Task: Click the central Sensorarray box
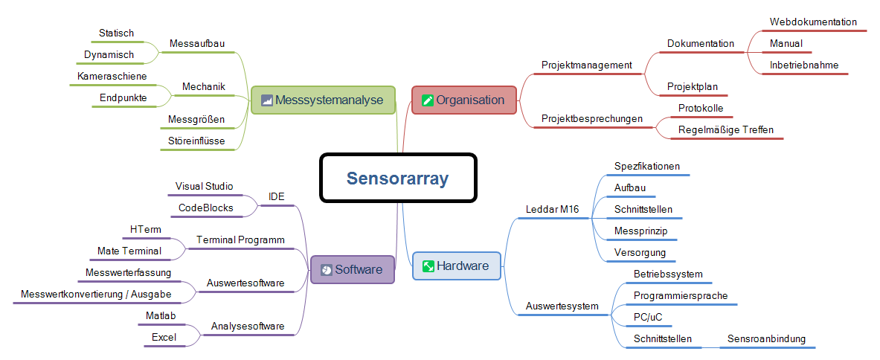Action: pyautogui.click(x=397, y=179)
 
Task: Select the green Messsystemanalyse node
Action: pyautogui.click(x=322, y=100)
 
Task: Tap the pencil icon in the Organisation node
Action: pyautogui.click(x=427, y=100)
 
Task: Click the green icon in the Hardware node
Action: pyautogui.click(x=428, y=266)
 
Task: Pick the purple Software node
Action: pyautogui.click(x=351, y=269)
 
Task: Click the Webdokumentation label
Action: pyautogui.click(x=813, y=22)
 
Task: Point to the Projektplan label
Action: pyautogui.click(x=692, y=87)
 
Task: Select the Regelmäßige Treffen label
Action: pyautogui.click(x=725, y=130)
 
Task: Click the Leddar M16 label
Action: pyautogui.click(x=552, y=209)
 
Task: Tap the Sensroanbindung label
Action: pyautogui.click(x=765, y=339)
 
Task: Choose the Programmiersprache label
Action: pyautogui.click(x=680, y=296)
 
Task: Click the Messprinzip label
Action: pyautogui.click(x=640, y=231)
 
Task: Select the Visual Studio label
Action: pyautogui.click(x=204, y=186)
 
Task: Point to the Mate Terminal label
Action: pyautogui.click(x=129, y=251)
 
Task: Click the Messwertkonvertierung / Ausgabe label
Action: pyautogui.click(x=97, y=295)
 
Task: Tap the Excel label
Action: pyautogui.click(x=164, y=338)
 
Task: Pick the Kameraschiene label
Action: pyautogui.click(x=112, y=76)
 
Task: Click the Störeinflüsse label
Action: pyautogui.click(x=196, y=141)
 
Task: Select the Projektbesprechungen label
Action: pyautogui.click(x=591, y=119)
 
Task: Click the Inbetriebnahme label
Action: pyautogui.click(x=803, y=65)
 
